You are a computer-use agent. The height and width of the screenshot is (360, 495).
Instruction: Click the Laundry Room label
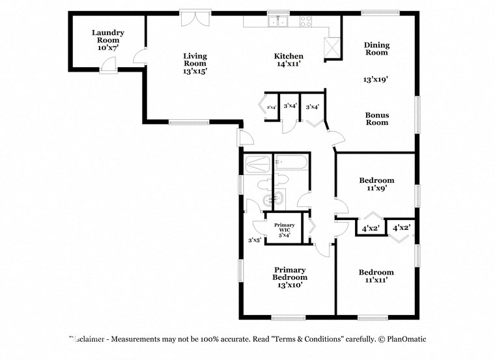point(107,40)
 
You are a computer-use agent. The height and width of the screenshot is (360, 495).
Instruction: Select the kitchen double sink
point(279,21)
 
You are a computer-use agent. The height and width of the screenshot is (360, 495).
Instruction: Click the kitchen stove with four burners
point(305,21)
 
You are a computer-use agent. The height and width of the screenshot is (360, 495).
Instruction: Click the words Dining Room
point(376,49)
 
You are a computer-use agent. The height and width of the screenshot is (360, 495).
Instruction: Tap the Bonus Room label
point(376,118)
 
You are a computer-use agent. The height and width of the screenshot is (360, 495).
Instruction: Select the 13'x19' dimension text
point(376,79)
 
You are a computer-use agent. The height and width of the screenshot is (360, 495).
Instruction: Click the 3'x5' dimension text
point(255,240)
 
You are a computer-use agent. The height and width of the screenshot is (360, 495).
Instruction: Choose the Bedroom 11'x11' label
point(376,276)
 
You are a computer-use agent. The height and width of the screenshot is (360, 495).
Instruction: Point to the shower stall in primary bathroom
point(257,163)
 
